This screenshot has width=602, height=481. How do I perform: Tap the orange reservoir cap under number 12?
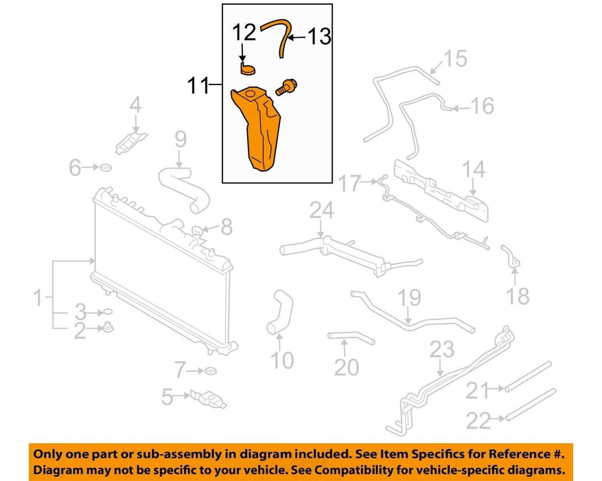pyautogui.click(x=247, y=69)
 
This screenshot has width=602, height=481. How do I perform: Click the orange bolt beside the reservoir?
pyautogui.click(x=286, y=87)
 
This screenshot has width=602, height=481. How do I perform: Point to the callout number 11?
pyautogui.click(x=198, y=85)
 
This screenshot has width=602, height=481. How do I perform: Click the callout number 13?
pyautogui.click(x=319, y=37)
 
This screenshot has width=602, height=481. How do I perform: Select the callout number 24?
pyautogui.click(x=322, y=210)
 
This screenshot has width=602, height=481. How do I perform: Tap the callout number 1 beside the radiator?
pyautogui.click(x=38, y=298)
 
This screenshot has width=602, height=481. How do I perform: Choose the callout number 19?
pyautogui.click(x=409, y=298)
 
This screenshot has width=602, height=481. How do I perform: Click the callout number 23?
pyautogui.click(x=442, y=350)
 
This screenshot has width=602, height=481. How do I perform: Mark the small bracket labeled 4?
pyautogui.click(x=131, y=142)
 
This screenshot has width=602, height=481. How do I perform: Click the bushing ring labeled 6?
pyautogui.click(x=106, y=168)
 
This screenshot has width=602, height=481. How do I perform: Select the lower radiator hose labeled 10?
pyautogui.click(x=280, y=312)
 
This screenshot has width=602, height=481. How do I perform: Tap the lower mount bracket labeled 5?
pyautogui.click(x=208, y=399)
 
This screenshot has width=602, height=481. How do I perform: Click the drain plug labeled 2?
pyautogui.click(x=108, y=328)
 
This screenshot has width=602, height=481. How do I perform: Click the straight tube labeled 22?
pyautogui.click(x=531, y=405)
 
